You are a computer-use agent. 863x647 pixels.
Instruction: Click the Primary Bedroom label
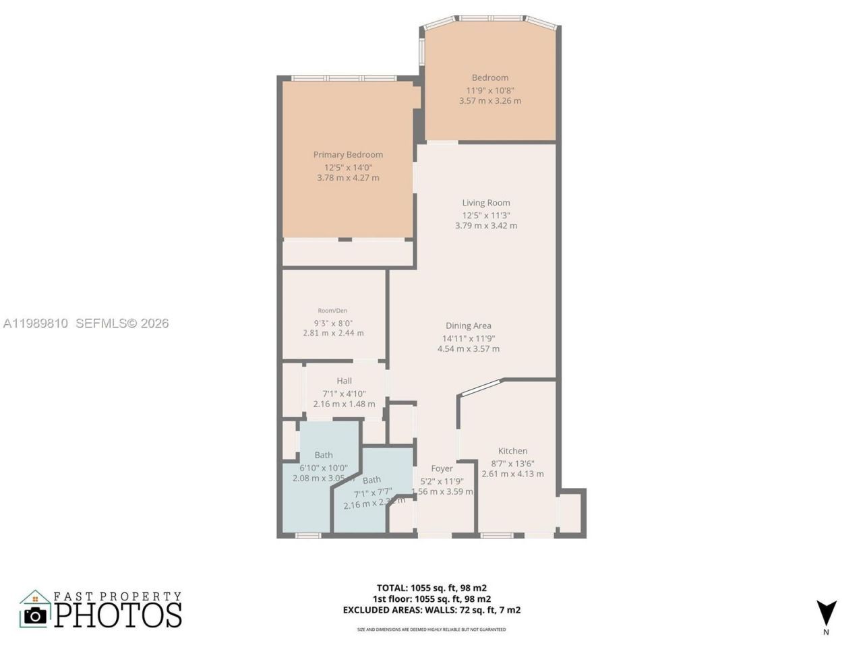pyautogui.click(x=348, y=155)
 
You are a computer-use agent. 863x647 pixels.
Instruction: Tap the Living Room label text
pyautogui.click(x=485, y=203)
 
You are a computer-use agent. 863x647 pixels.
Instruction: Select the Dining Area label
pyautogui.click(x=468, y=326)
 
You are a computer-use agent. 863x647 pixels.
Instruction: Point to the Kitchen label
pyautogui.click(x=512, y=452)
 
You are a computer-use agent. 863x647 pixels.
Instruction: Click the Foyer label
pyautogui.click(x=442, y=468)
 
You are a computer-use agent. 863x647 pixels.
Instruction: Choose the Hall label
pyautogui.click(x=344, y=381)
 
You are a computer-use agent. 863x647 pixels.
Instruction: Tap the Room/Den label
pyautogui.click(x=332, y=311)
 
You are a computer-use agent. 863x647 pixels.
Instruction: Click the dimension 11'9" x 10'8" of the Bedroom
pyautogui.click(x=490, y=90)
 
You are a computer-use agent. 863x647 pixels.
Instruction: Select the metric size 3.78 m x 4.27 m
pyautogui.click(x=348, y=178)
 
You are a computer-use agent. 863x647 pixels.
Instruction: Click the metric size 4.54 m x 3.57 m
pyautogui.click(x=468, y=349)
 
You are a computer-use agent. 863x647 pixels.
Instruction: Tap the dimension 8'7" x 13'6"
pyautogui.click(x=512, y=464)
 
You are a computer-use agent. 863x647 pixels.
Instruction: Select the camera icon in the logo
pyautogui.click(x=35, y=615)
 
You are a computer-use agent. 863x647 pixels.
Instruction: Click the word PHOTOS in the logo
pyautogui.click(x=118, y=615)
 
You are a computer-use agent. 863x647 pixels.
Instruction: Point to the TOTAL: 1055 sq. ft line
pyautogui.click(x=431, y=588)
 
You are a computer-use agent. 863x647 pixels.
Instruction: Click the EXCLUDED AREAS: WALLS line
pyautogui.click(x=431, y=610)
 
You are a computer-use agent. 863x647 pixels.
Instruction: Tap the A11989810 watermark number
pyautogui.click(x=36, y=323)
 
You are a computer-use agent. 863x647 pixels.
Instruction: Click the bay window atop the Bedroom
pyautogui.click(x=490, y=19)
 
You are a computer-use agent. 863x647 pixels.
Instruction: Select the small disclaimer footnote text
pyautogui.click(x=431, y=629)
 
